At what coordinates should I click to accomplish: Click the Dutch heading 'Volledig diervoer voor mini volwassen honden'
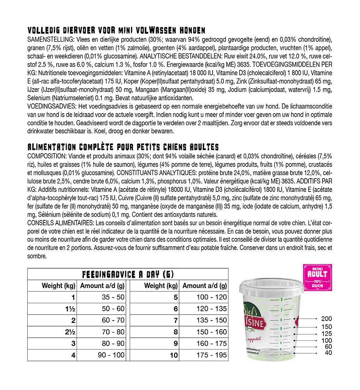[x=116, y=31]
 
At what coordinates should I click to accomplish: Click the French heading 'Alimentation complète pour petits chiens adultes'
[x=123, y=147]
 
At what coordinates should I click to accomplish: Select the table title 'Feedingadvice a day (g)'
[x=128, y=274]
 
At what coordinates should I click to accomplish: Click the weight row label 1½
[x=71, y=309]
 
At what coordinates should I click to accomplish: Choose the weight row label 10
[x=174, y=355]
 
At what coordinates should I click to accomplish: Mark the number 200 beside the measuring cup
[x=326, y=319]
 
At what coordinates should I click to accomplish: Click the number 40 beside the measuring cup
[x=328, y=353]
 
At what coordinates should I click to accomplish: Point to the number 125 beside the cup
[x=326, y=334]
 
